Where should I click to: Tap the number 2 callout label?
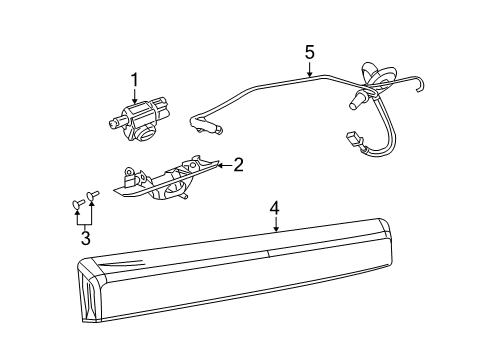coord(238,165)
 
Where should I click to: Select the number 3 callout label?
coord(85,238)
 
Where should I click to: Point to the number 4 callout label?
coord(274,209)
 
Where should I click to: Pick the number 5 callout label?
coord(309,51)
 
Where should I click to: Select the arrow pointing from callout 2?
coord(222,164)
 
